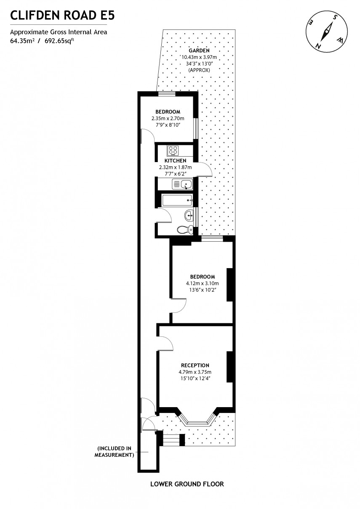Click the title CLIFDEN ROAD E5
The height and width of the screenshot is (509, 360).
coord(62,16)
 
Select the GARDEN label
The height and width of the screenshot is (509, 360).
coord(199,51)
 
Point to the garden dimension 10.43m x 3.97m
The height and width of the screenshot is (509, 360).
coord(199,57)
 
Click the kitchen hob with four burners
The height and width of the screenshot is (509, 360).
coord(173,150)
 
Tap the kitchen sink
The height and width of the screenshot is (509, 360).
coord(186,184)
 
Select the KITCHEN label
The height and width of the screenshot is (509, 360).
coord(175,160)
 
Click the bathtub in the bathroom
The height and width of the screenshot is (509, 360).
coord(177,200)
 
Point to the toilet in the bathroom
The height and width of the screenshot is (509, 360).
coord(184,229)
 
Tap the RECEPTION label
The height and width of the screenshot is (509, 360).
coord(195,365)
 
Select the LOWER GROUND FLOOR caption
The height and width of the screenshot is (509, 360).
coord(187,484)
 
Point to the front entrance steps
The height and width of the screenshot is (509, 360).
coord(171,440)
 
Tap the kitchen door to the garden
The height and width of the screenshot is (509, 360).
coord(205,169)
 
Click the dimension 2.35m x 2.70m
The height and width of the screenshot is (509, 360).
coord(168,119)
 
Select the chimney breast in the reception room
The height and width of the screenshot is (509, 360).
coord(230,367)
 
